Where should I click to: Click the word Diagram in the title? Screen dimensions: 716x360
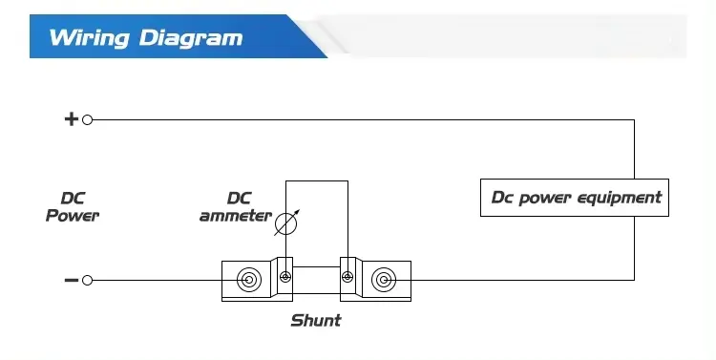coord(191,38)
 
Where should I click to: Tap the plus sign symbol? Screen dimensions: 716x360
coord(71,119)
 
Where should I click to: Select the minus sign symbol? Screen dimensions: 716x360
coord(71,280)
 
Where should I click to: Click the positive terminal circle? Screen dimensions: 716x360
coord(88,119)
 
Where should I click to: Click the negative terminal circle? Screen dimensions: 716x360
coord(88,280)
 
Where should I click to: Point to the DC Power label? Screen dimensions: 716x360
coord(73,207)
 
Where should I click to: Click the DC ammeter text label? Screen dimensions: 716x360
coord(236,207)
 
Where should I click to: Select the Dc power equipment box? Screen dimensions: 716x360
coord(575,198)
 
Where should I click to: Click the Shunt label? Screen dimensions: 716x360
coord(315,320)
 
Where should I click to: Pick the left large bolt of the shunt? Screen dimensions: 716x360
coord(248,280)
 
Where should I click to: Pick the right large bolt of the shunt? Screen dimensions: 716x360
coord(383,280)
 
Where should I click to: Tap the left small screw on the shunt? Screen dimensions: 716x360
coord(284,278)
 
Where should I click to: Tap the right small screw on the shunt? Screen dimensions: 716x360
coord(347,278)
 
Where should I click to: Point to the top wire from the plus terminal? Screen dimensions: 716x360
coord(363,119)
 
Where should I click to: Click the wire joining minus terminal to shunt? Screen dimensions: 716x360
coord(158,280)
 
